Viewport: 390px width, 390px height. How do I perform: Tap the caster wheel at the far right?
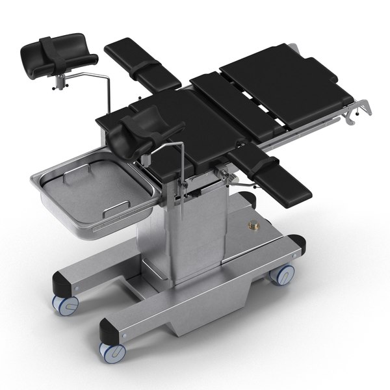(281, 274)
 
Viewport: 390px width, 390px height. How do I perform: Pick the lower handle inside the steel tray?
(111, 207)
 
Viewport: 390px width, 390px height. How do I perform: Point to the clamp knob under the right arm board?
(226, 174)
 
